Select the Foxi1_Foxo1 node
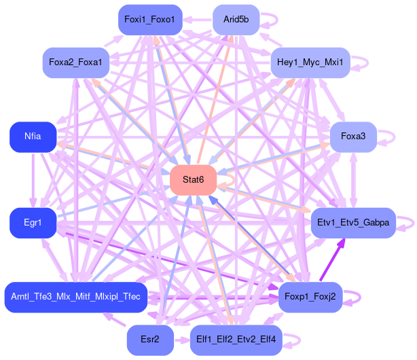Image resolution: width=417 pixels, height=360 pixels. coord(149,19)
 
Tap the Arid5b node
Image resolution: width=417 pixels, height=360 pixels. coord(236,19)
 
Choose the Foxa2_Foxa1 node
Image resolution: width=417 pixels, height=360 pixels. coord(76,62)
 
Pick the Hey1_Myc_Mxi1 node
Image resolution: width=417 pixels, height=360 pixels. coord(310,62)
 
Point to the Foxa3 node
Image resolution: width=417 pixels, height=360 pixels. coord(353,137)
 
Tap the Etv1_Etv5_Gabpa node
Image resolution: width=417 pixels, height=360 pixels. coord(353,223)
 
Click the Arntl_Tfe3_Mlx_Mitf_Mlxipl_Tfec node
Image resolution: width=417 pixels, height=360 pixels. coord(76,297)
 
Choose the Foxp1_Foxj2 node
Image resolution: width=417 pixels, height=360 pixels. coord(310,297)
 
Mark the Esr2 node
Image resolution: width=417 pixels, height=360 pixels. coord(149,340)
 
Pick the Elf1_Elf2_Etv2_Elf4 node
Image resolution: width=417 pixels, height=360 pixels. coord(236,340)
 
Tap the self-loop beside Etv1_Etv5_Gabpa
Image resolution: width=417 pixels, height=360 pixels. coord(405,223)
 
